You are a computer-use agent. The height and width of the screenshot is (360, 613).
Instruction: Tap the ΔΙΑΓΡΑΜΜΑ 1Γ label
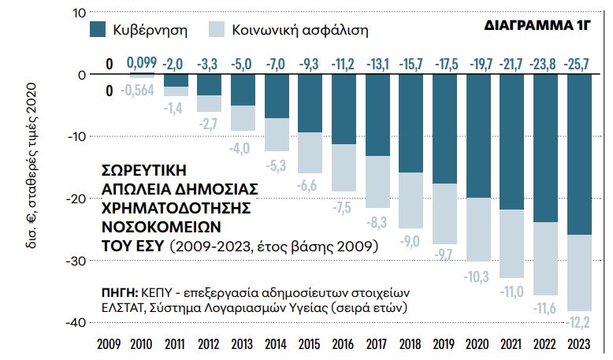(x=537, y=25)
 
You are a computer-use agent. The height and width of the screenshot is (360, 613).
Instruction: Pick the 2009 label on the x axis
(x=108, y=345)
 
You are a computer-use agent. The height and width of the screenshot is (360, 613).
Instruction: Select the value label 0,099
(x=143, y=63)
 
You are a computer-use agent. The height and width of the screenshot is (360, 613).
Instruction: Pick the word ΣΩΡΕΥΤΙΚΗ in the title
(x=147, y=169)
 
